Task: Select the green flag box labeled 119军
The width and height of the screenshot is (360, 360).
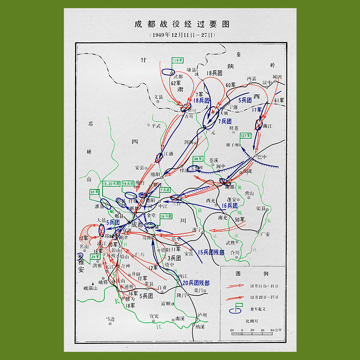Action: coord(178,60)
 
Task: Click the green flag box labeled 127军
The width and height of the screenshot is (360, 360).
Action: coord(246,135)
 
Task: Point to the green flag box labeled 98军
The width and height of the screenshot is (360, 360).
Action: coord(198,159)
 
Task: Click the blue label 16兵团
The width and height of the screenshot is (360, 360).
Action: coord(230,205)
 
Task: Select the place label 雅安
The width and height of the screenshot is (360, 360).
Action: coord(81,265)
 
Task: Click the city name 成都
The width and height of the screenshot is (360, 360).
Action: coord(138,224)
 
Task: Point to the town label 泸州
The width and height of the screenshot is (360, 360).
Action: coord(203,314)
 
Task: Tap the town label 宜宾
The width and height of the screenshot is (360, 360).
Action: coord(154,316)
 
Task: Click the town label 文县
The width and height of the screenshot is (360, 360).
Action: coord(158,97)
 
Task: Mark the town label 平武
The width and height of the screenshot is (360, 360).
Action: coord(156,126)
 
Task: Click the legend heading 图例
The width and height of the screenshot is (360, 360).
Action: coord(252,273)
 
